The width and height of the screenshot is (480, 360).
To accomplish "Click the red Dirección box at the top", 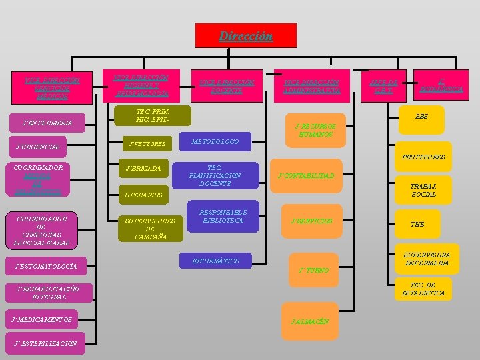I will [245, 36].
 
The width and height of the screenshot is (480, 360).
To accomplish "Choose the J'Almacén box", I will [309, 321].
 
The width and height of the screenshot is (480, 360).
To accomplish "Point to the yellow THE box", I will [417, 225].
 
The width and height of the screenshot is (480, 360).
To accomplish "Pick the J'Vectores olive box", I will [147, 143].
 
